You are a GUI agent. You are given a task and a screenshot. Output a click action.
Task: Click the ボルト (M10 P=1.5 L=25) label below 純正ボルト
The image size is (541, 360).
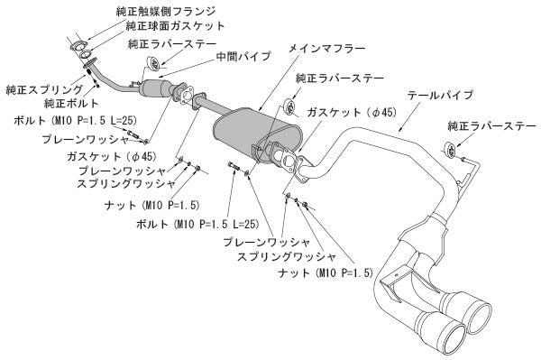[x=69, y=120]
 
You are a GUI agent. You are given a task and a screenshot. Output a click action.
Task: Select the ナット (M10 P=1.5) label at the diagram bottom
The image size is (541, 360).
[x=361, y=272]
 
